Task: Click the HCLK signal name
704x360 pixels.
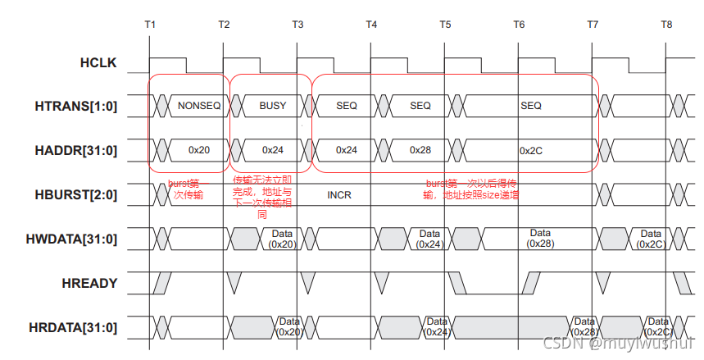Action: click(98, 62)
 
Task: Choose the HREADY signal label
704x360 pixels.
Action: click(89, 283)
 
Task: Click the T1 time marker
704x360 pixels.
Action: click(150, 25)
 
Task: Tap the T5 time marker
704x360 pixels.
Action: click(445, 25)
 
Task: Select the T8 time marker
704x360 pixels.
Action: click(666, 25)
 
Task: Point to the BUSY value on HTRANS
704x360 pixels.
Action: click(272, 106)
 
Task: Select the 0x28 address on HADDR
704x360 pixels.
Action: click(420, 150)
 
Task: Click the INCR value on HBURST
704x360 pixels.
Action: click(339, 196)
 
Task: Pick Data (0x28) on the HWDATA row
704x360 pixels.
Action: click(539, 239)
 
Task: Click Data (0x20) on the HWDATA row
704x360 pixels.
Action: click(283, 239)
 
